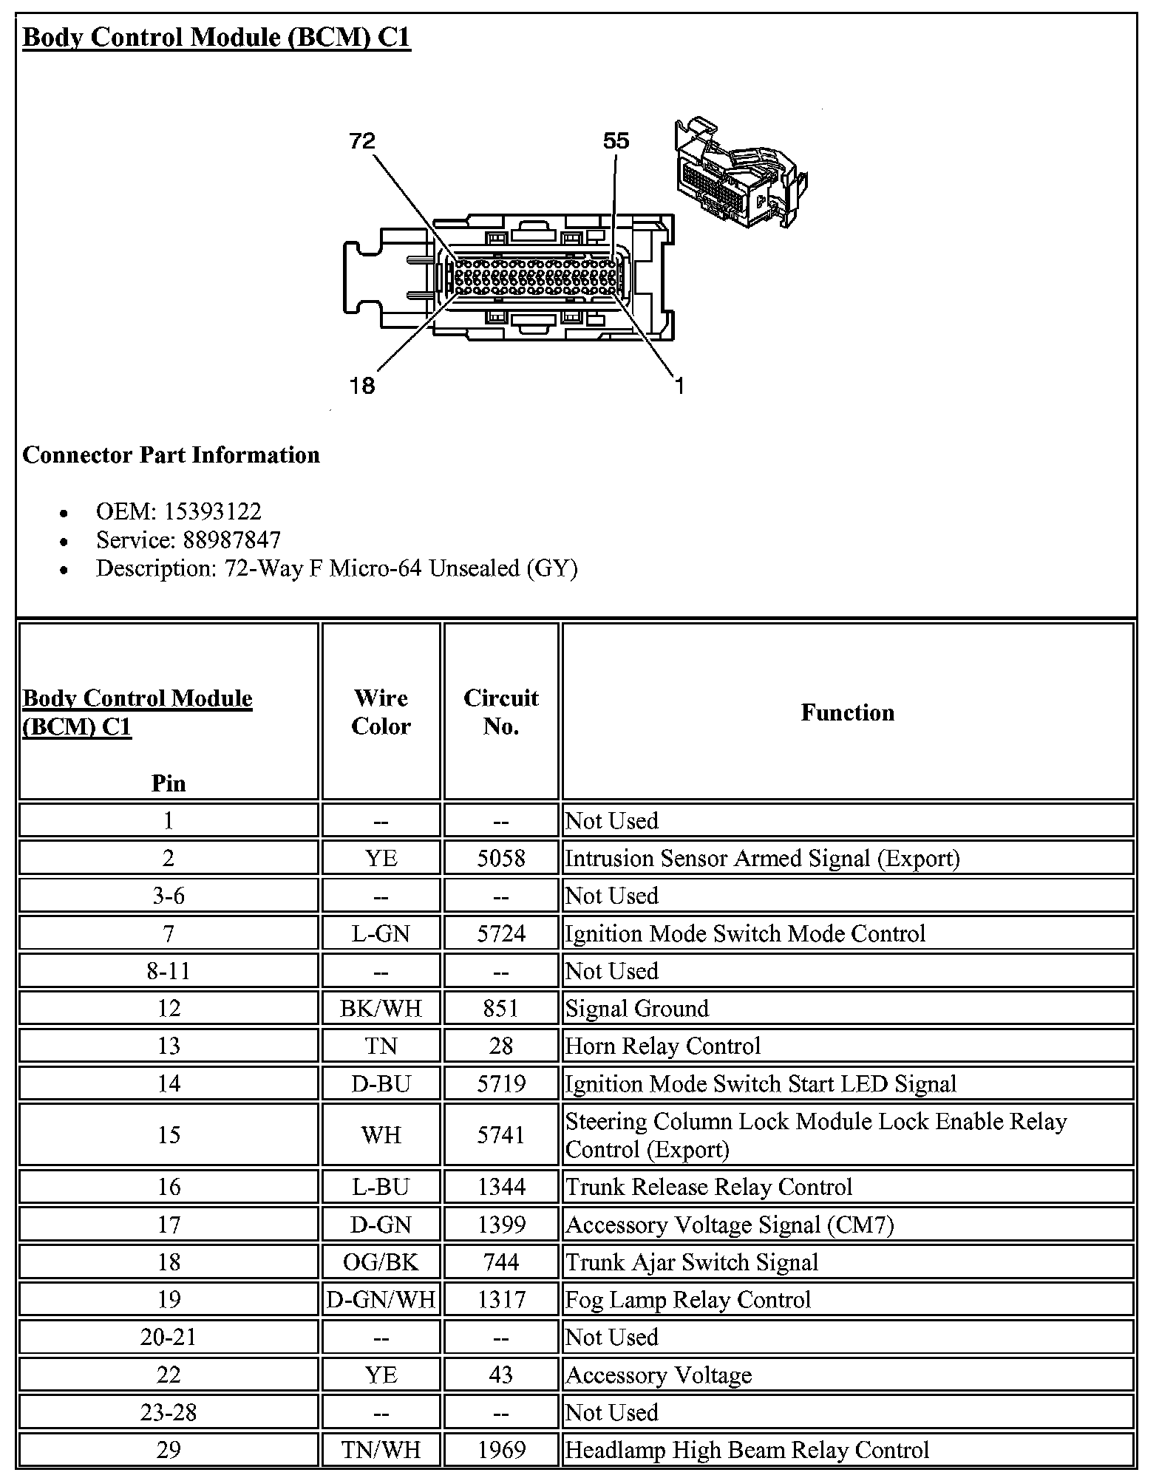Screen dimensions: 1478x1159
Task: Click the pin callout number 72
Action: (x=362, y=141)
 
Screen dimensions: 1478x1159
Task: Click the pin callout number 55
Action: (x=616, y=141)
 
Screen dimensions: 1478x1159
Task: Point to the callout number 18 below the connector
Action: (x=362, y=386)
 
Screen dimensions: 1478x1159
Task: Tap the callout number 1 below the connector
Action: (x=679, y=386)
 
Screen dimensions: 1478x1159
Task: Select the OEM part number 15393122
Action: (x=213, y=511)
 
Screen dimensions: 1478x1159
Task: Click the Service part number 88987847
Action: (x=232, y=540)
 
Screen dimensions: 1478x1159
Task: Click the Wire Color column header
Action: (x=381, y=712)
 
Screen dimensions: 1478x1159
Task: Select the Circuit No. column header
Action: (x=501, y=712)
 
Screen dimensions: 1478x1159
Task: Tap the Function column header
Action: (x=847, y=712)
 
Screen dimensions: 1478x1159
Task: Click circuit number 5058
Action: (x=501, y=858)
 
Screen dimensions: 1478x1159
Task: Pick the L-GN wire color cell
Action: (x=381, y=933)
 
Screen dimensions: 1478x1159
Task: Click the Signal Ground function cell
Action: (x=637, y=1009)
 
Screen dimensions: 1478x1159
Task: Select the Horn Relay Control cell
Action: (x=662, y=1046)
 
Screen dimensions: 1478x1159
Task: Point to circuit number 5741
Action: (x=501, y=1135)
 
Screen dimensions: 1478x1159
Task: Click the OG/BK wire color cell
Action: (x=381, y=1262)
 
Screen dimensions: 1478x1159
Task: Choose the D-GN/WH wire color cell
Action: (x=381, y=1300)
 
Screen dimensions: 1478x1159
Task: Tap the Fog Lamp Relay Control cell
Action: (x=687, y=1300)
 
